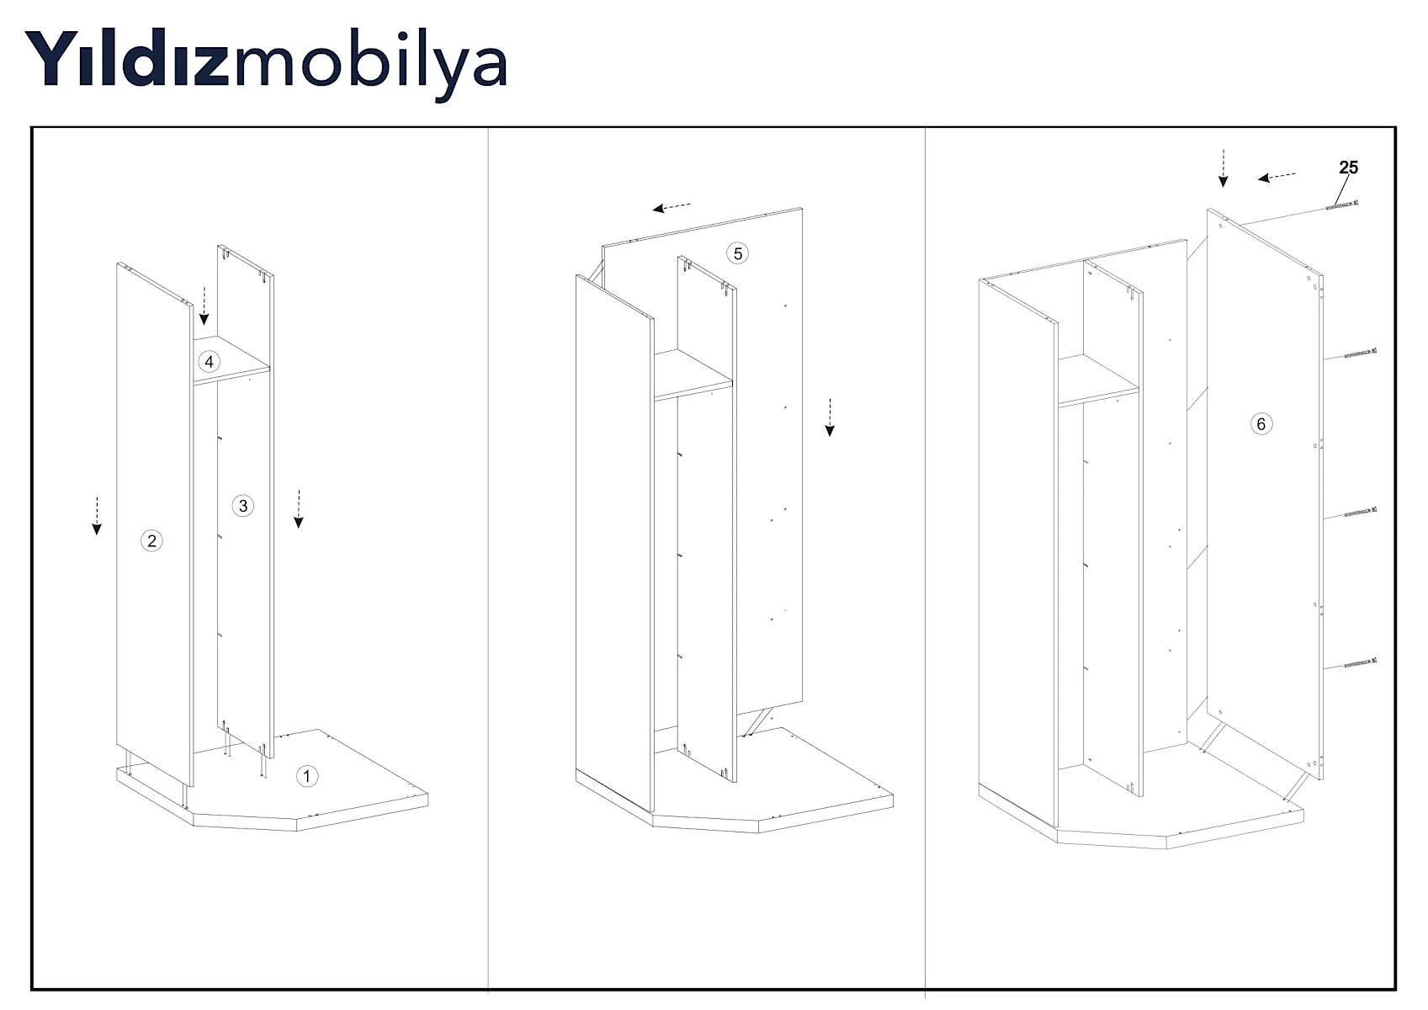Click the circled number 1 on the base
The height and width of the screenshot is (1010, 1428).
[306, 776]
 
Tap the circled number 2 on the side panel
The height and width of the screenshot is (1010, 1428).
[151, 540]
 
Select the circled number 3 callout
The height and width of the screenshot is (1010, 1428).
[243, 506]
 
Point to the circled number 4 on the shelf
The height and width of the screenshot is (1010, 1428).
[209, 362]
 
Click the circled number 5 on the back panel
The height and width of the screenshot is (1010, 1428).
[738, 254]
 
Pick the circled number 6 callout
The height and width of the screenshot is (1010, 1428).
[1261, 424]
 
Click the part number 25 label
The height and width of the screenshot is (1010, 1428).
[1348, 167]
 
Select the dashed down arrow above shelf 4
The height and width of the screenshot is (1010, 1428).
[204, 306]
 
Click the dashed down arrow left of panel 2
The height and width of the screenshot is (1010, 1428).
[96, 515]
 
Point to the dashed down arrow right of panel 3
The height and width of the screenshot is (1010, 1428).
[299, 509]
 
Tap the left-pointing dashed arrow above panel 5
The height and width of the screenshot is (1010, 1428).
[672, 206]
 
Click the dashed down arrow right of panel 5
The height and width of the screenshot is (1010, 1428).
[830, 417]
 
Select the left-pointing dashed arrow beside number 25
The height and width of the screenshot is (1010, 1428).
[1277, 177]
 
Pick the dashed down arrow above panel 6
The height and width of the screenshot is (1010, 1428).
[1223, 168]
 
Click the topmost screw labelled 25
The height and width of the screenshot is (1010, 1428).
[1342, 205]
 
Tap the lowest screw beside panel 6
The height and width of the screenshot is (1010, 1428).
[1361, 663]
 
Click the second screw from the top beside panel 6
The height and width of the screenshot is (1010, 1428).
[1361, 353]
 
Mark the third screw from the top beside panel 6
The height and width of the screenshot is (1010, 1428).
[1361, 512]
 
